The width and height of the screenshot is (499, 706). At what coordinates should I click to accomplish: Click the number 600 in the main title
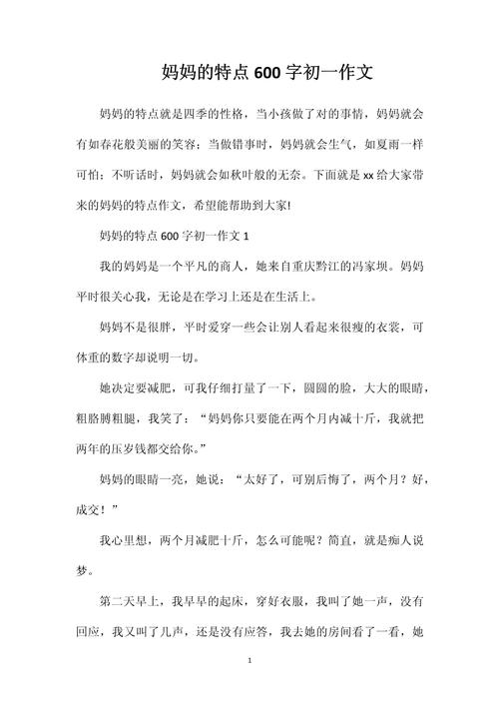[x=267, y=72]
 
